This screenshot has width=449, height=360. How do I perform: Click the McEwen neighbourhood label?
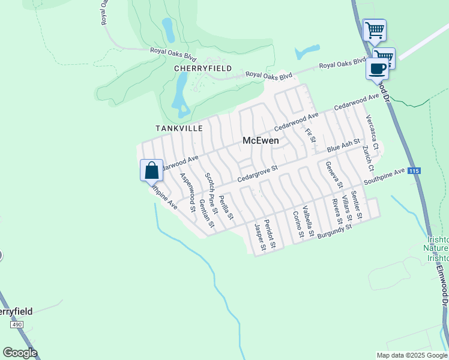(261, 140)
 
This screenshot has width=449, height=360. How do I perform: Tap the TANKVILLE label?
(179, 128)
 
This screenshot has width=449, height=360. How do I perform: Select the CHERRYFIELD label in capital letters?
(203, 68)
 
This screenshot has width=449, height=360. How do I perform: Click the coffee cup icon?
(378, 68)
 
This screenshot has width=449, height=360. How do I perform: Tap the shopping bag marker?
(152, 170)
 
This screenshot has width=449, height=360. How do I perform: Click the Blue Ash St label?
(342, 148)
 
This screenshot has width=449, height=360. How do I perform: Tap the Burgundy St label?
(334, 230)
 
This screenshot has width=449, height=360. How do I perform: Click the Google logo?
(20, 353)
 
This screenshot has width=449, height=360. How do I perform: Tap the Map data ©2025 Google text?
(411, 355)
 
